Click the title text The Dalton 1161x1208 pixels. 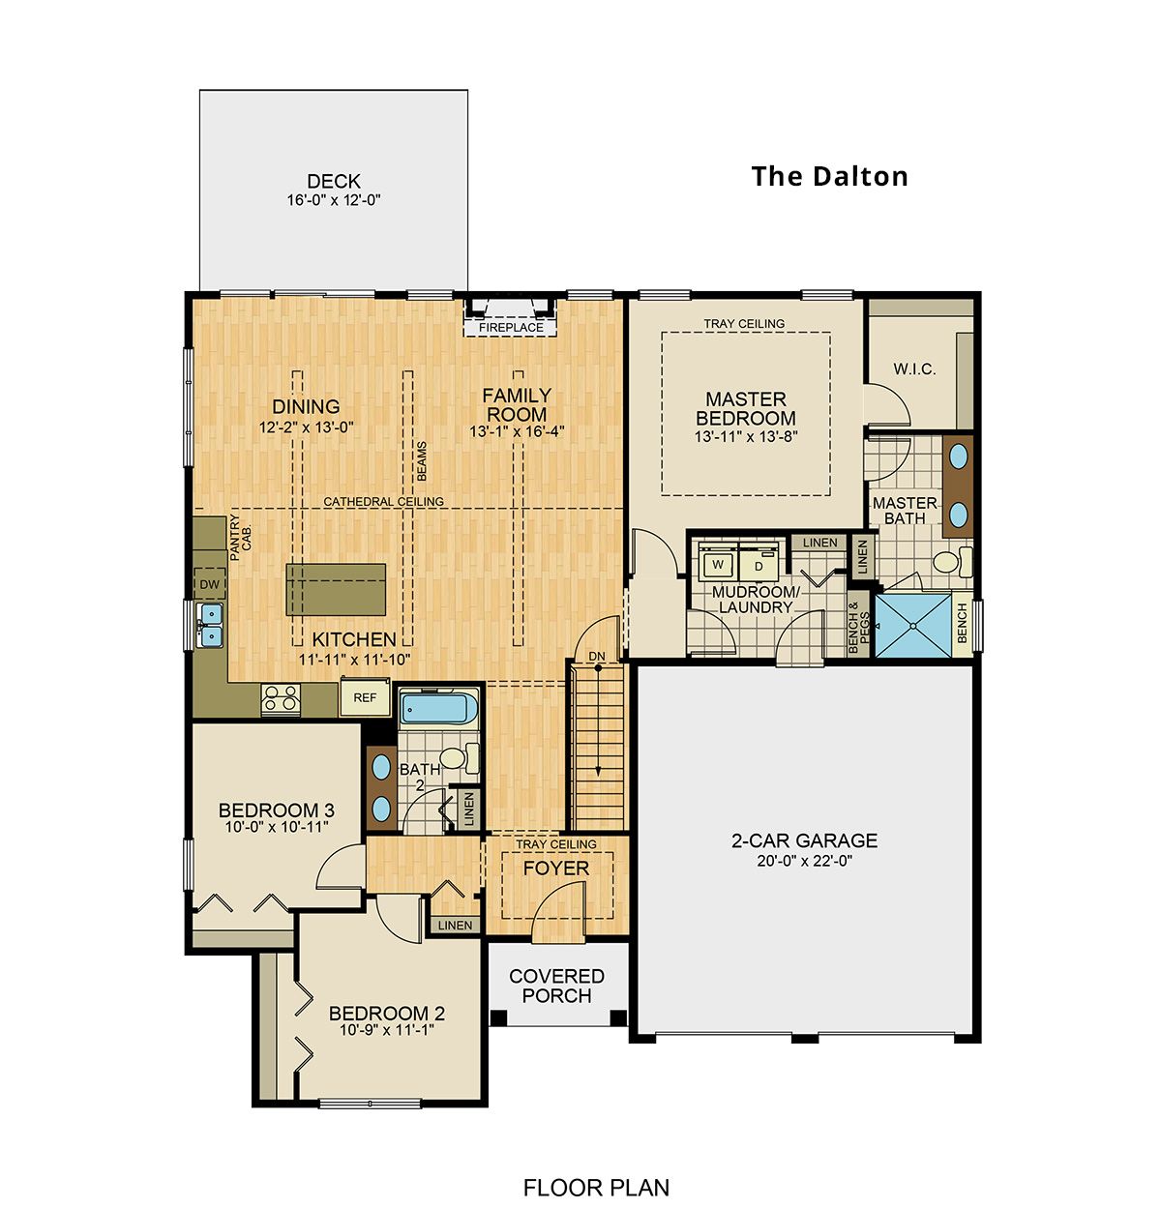tap(829, 176)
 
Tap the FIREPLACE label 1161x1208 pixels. tap(511, 328)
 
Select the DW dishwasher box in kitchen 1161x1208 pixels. tap(210, 585)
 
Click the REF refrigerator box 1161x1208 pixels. tap(365, 697)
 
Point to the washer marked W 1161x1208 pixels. tap(717, 564)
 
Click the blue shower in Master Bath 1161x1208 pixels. tap(912, 626)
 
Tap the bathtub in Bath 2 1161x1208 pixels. tap(440, 710)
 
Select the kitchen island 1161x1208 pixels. tap(336, 589)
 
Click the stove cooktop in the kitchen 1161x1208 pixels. tap(281, 698)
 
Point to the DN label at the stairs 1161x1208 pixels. tap(597, 657)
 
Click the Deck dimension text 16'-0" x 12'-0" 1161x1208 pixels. tap(334, 201)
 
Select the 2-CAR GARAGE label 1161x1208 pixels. tap(804, 840)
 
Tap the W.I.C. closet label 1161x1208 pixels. tap(914, 368)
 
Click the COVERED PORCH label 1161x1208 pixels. tap(556, 986)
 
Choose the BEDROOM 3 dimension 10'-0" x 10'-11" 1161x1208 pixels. tap(276, 828)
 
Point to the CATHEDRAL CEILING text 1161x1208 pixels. tap(383, 502)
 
